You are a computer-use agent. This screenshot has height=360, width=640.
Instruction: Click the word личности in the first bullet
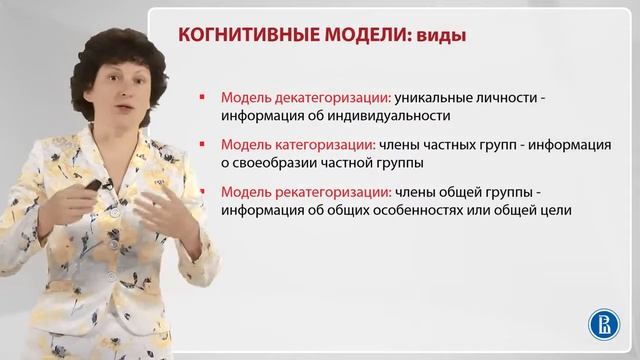tap(512, 98)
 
